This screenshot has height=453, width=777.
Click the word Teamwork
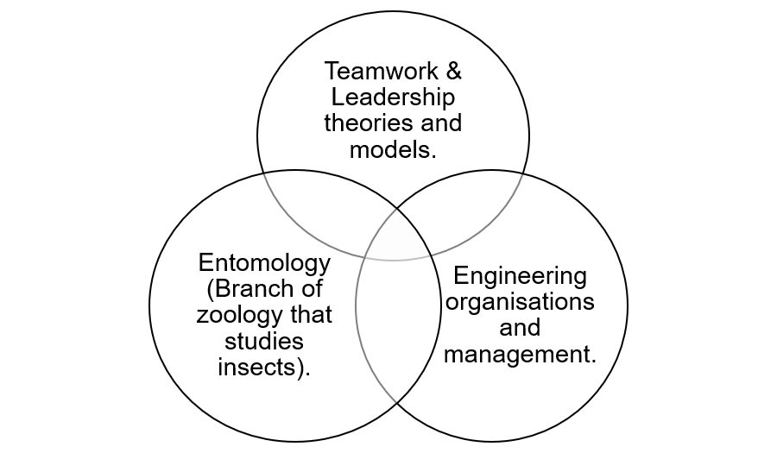point(382,71)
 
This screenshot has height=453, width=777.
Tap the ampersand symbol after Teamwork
point(454,71)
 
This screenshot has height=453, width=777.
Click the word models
point(393,149)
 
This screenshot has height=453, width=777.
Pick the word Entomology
point(264,263)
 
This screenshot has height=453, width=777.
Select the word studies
point(264,341)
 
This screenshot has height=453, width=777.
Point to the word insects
point(260,368)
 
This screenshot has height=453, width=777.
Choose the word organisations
point(520,302)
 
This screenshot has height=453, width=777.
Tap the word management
point(520,355)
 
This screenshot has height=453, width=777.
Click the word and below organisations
point(520,328)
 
